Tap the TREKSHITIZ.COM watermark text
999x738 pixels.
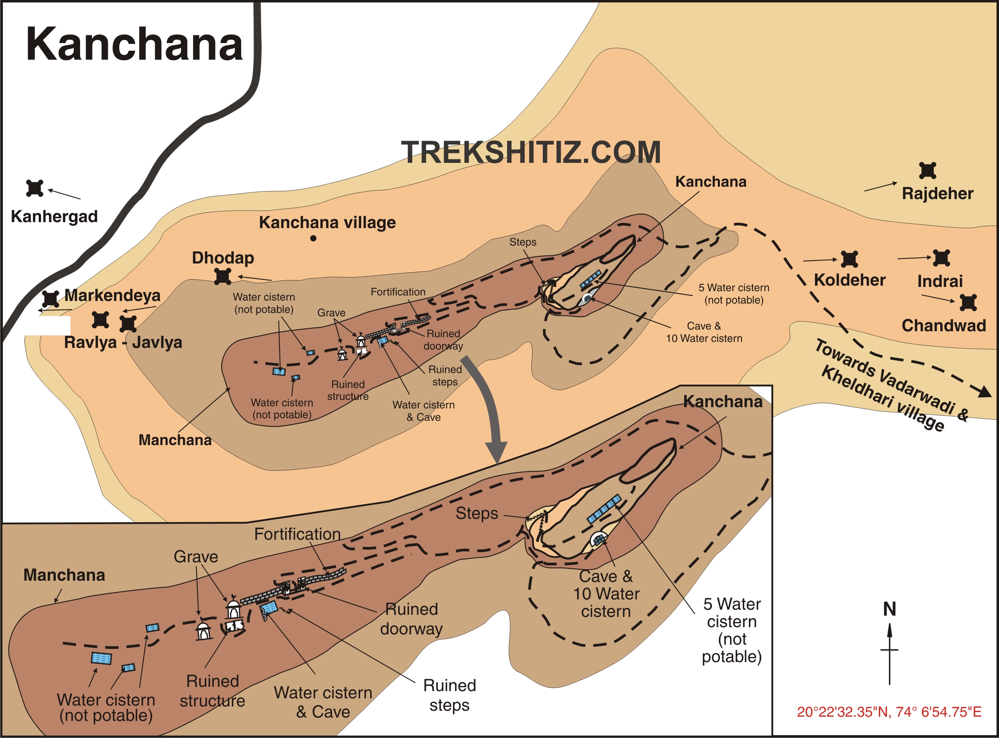[530, 152]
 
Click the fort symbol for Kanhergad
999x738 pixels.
[35, 188]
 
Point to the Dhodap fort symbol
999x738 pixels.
[222, 277]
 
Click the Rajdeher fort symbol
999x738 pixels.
[927, 171]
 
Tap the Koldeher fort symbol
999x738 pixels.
[849, 259]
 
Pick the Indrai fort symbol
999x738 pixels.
[941, 258]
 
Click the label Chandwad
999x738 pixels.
[943, 326]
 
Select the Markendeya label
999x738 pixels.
[112, 295]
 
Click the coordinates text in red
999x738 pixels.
[889, 712]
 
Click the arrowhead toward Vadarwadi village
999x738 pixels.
[984, 392]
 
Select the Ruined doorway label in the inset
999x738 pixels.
[411, 619]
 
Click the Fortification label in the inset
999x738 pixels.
[297, 534]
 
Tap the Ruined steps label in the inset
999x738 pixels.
[449, 695]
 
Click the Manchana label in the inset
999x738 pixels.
[64, 575]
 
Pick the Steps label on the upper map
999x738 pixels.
[523, 242]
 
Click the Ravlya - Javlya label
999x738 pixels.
[123, 343]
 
